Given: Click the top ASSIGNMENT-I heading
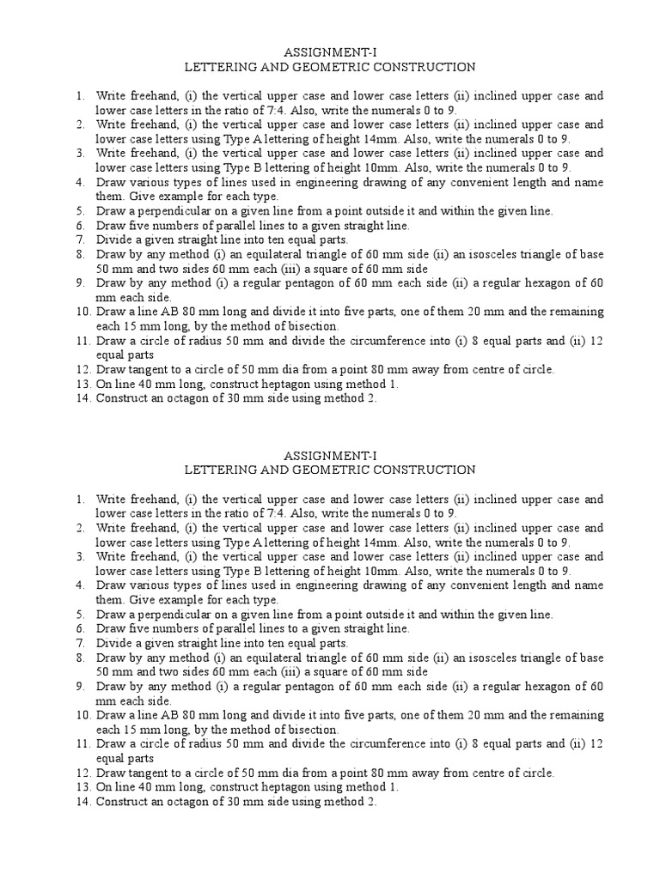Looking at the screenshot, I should [330, 51].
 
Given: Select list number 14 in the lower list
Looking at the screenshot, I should [82, 802].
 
